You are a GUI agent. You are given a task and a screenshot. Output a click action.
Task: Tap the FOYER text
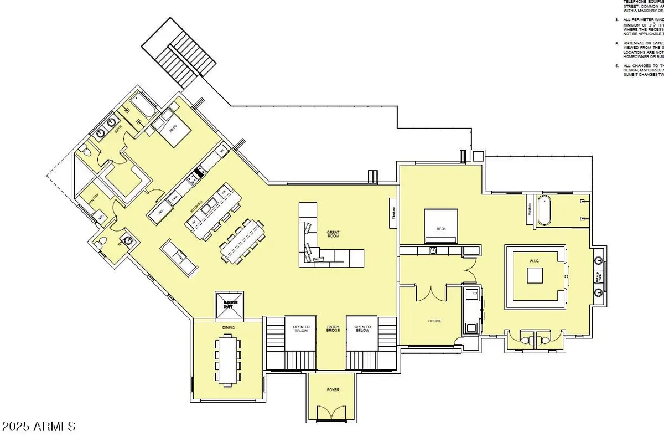pos(333,390)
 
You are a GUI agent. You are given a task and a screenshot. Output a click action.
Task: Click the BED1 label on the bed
pos(441,229)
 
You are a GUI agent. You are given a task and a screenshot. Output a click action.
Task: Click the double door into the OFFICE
pos(430,292)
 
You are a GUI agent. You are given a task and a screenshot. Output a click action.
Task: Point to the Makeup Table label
pos(598,275)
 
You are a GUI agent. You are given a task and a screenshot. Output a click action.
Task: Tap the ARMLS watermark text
pos(38,427)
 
